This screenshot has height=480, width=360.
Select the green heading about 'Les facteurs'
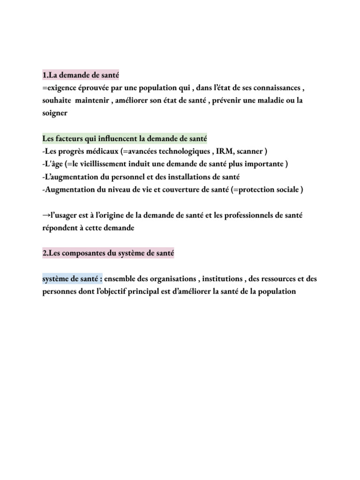tap(124, 139)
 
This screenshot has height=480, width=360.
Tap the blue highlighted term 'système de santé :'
tap(72, 278)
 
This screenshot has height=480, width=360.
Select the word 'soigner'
tap(55, 113)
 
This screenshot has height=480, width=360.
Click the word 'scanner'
tap(251, 151)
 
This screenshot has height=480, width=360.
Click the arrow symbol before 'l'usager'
tap(46, 215)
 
